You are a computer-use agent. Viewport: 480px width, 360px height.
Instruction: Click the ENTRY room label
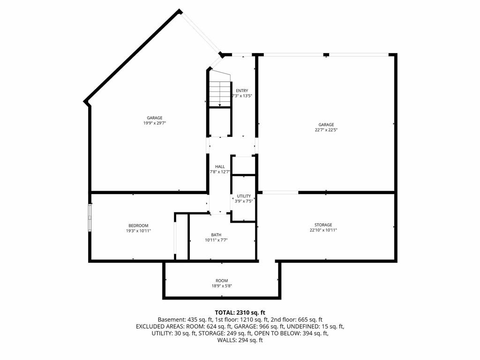[x=242, y=90]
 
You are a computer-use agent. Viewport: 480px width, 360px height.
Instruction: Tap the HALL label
[x=220, y=166]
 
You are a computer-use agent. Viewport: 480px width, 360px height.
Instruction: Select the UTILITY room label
[x=244, y=196]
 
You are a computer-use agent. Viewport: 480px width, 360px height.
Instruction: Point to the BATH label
[x=216, y=235]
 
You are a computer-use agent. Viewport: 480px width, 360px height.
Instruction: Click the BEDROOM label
[x=138, y=225]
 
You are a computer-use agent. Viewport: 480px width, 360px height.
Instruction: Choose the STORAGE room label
[x=323, y=225]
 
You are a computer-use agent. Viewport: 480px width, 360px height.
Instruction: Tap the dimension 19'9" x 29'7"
[x=155, y=123]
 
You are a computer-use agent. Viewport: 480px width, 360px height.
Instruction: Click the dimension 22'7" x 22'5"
[x=326, y=130]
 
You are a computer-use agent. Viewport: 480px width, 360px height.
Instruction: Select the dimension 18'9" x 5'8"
[x=222, y=286]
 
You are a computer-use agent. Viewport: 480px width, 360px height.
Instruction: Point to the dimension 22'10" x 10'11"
[x=323, y=230]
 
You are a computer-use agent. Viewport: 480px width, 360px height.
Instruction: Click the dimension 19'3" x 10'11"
[x=138, y=231]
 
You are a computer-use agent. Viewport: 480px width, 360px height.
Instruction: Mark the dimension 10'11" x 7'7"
[x=216, y=240]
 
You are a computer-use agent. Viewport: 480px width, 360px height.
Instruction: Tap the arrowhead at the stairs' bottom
[x=220, y=105]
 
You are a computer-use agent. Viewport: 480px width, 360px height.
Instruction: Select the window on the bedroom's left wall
[x=90, y=217]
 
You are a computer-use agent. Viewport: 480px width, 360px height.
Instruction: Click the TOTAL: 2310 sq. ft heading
[x=240, y=313]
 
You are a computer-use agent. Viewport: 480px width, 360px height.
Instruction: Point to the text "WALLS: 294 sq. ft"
[x=240, y=340]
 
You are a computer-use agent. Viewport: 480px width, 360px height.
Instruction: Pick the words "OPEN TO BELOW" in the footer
[x=277, y=333]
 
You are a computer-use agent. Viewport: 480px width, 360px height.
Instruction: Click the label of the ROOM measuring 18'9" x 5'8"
[x=222, y=281]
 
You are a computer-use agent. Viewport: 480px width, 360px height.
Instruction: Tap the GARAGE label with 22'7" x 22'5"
[x=326, y=125]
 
